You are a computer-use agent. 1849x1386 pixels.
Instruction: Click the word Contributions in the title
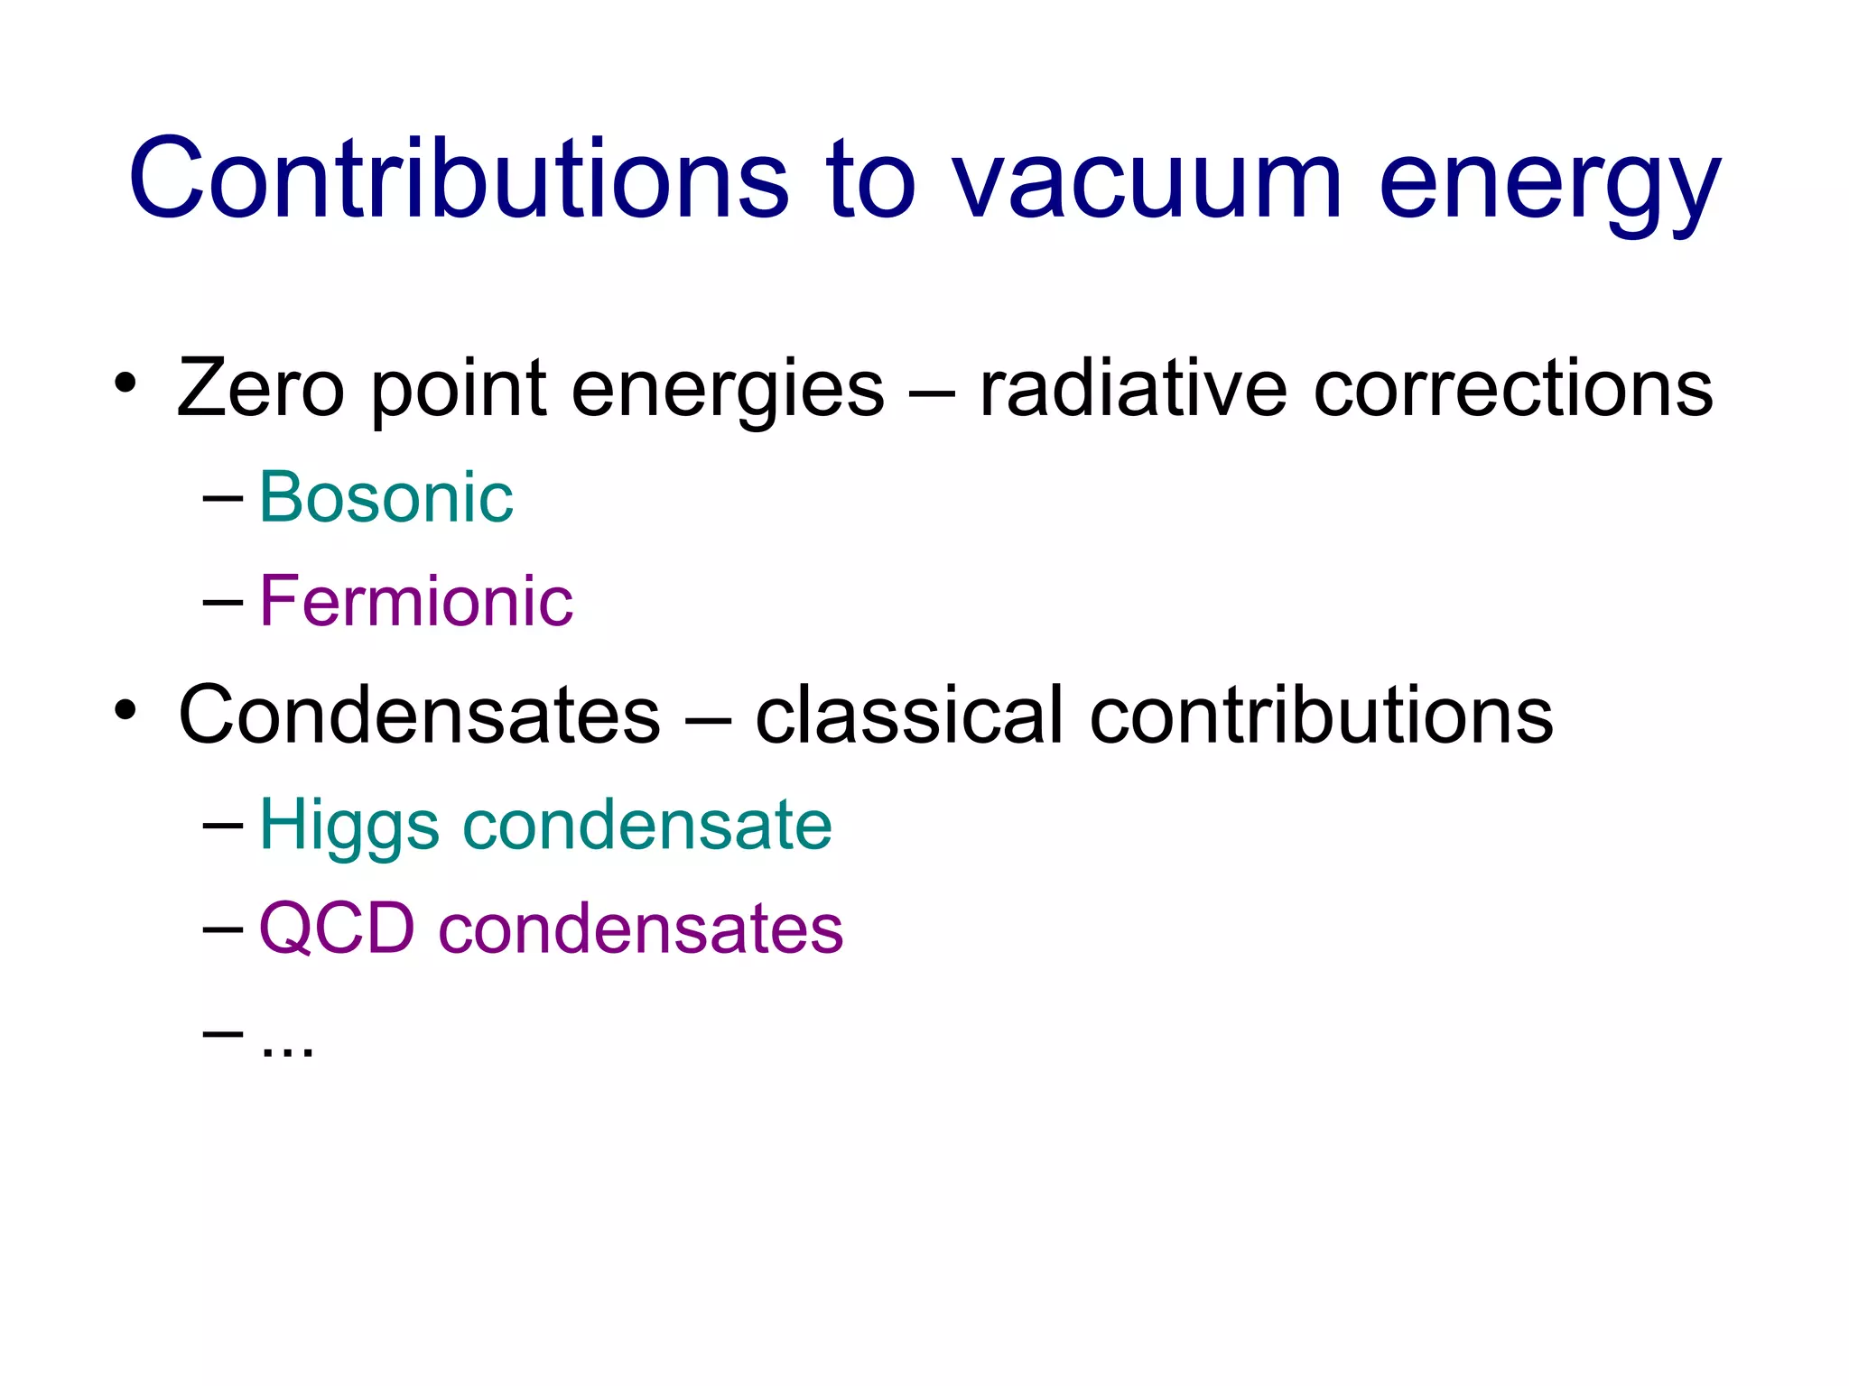459,178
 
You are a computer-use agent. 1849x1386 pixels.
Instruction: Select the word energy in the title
1549,185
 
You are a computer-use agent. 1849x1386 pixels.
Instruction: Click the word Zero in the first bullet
261,388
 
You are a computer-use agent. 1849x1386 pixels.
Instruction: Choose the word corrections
1513,388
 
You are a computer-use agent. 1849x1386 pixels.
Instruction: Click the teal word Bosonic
386,497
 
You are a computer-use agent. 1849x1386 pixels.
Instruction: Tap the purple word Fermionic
416,601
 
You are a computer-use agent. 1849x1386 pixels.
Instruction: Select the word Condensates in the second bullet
420,715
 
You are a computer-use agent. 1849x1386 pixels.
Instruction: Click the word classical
909,715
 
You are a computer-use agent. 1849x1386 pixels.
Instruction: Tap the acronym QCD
337,929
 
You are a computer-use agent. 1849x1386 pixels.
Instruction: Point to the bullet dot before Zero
125,383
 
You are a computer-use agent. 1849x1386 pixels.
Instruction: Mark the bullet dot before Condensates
125,710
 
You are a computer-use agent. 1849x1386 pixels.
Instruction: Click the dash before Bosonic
223,497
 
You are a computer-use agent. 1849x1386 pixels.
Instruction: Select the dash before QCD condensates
223,929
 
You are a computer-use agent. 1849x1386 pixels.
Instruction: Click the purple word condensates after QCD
641,929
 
